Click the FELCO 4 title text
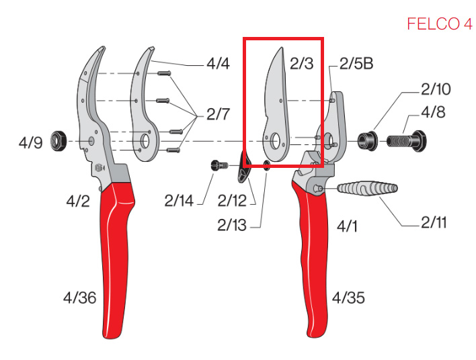[x=440, y=24]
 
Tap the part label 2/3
[x=301, y=64]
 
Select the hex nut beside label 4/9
[x=58, y=141]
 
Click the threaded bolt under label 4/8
[x=407, y=141]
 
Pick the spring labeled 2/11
[x=367, y=188]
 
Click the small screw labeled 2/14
[x=219, y=166]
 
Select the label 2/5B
[x=356, y=64]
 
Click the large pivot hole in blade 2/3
[x=276, y=141]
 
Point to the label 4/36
[x=80, y=298]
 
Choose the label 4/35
[x=348, y=298]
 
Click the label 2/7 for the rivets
[x=218, y=114]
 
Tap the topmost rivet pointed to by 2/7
[x=164, y=73]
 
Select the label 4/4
[x=218, y=64]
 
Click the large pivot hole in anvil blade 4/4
[x=145, y=141]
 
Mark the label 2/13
[x=232, y=225]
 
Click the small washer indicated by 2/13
[x=266, y=166]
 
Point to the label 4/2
[x=78, y=201]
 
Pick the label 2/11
[x=434, y=222]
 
